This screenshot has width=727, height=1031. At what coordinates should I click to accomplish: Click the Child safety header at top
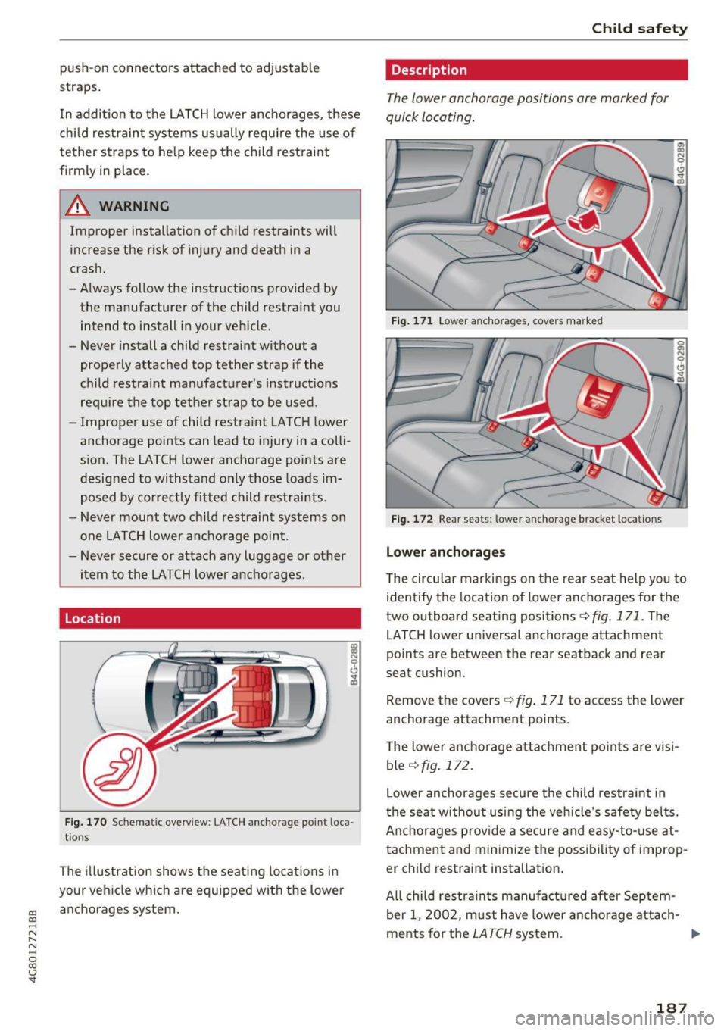639,29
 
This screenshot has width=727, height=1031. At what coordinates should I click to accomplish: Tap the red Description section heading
429,70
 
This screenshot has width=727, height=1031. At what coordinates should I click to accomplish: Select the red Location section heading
93,619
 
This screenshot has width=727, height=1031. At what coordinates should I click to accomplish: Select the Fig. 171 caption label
412,321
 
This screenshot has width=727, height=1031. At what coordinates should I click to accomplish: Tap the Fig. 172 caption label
412,520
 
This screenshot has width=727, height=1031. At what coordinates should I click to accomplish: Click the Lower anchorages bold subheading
445,552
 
